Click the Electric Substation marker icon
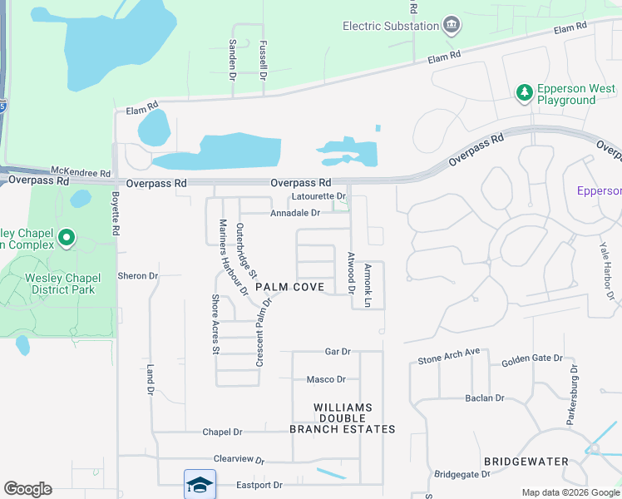pos(452,25)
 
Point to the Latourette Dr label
pos(318,196)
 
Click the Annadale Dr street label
pos(295,213)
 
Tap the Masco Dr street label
pos(326,379)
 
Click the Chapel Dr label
pos(222,432)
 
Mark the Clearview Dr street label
pos(239,459)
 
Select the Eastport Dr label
pos(259,485)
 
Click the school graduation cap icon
pos(200,483)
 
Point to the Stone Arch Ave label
pos(449,357)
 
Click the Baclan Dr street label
pos(485,398)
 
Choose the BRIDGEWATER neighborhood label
pos(526,461)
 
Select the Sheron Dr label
pos(138,275)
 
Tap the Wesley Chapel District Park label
pos(60,284)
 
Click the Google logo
pos(27,489)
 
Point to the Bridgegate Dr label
pos(462,474)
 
